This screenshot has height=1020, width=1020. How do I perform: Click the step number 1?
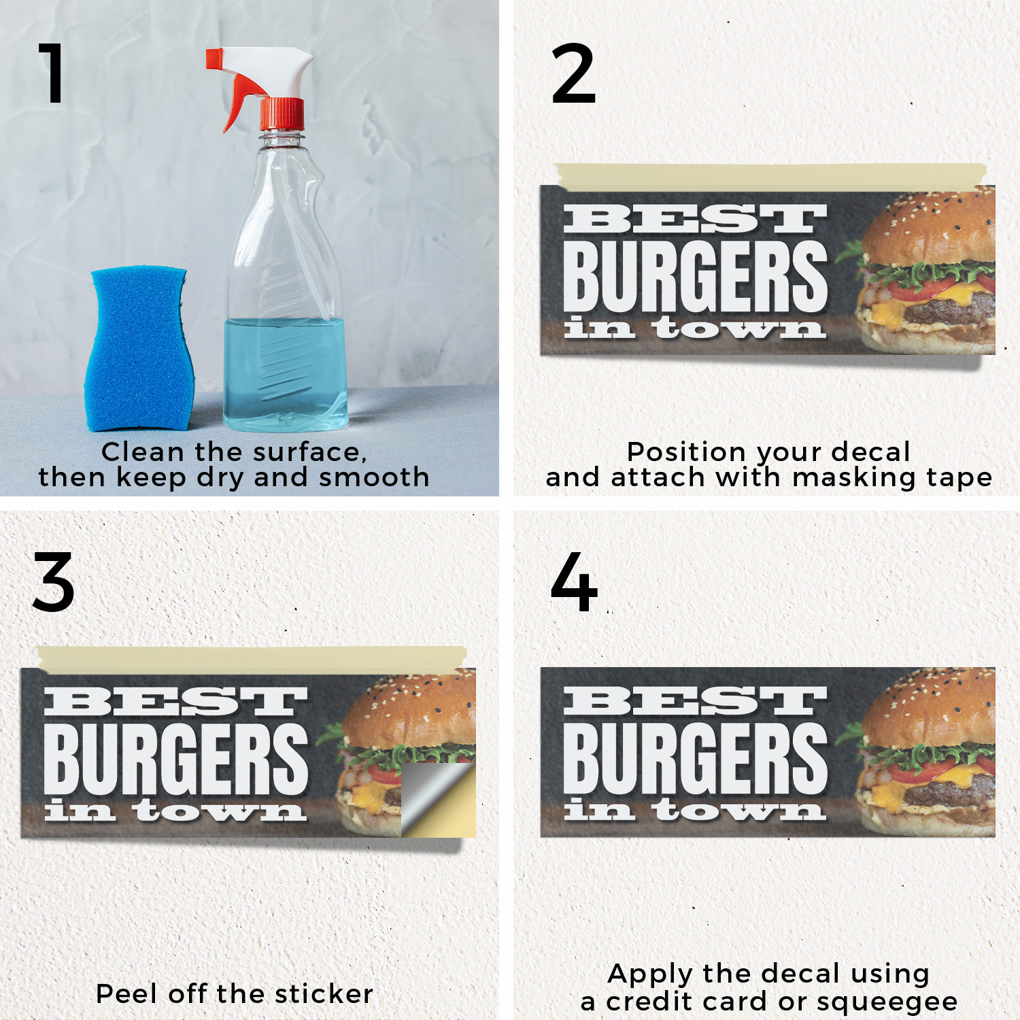[52, 73]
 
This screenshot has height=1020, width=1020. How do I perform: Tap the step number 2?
[573, 73]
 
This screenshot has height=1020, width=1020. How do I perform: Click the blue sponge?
[139, 348]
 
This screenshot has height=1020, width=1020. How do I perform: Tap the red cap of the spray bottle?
[282, 114]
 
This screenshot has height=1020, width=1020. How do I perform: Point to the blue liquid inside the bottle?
[286, 374]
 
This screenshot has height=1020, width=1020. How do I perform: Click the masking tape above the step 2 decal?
[770, 175]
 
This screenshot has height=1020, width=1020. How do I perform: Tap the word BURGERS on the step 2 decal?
[695, 276]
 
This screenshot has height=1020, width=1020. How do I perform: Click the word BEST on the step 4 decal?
[694, 701]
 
